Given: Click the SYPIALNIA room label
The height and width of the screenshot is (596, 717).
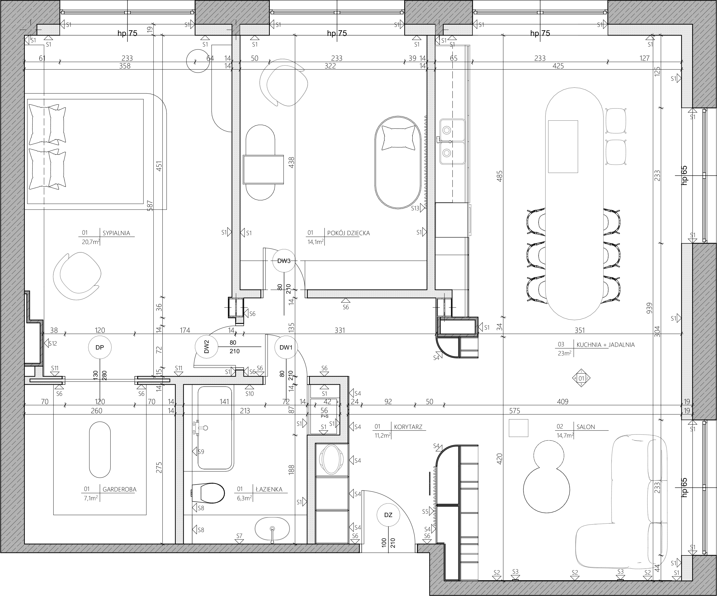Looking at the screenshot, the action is [x=116, y=233].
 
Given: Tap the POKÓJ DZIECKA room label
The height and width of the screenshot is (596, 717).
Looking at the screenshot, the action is [x=348, y=233].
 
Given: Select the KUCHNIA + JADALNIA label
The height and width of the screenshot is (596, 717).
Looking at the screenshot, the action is [x=605, y=345].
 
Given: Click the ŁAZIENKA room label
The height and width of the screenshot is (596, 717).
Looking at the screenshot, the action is [x=269, y=489].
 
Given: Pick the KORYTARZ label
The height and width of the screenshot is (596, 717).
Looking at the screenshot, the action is [x=408, y=427].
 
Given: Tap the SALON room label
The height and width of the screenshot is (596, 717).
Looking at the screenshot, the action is [x=586, y=427].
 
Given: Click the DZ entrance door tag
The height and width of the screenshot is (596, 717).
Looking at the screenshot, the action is [x=388, y=515].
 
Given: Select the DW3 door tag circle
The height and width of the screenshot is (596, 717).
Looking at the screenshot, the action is [x=284, y=261].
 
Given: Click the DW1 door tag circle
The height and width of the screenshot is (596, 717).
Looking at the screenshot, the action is [x=286, y=348].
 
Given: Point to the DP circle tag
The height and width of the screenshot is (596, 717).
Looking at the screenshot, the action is [x=100, y=348].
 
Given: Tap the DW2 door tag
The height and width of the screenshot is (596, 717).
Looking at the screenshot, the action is [x=206, y=348].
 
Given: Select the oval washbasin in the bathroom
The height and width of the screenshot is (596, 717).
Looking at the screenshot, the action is [x=272, y=529].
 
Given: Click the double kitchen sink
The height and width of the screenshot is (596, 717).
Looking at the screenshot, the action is [x=452, y=141].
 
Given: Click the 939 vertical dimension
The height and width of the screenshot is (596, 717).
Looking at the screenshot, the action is [x=649, y=308].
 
